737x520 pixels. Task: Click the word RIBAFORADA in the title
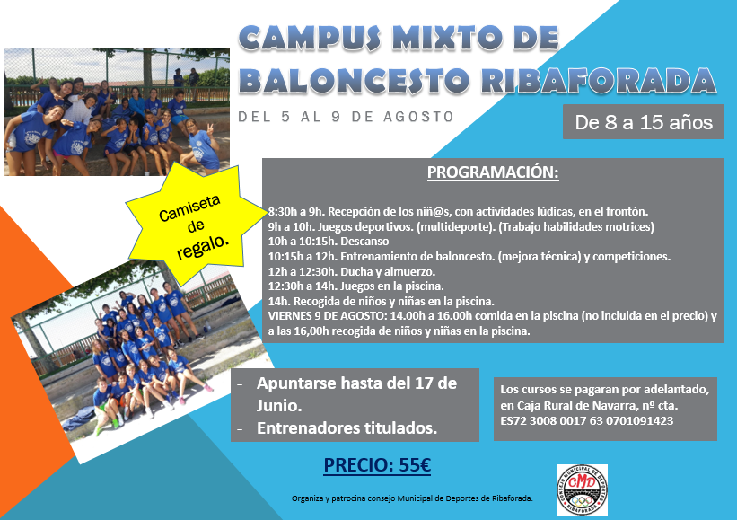(599, 80)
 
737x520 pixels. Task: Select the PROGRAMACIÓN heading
(493, 172)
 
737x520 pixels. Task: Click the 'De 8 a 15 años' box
(644, 122)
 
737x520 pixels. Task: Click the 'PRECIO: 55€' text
(377, 465)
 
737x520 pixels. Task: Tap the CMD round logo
(582, 489)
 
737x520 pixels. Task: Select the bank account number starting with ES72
(586, 421)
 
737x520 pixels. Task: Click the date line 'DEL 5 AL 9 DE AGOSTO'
(346, 117)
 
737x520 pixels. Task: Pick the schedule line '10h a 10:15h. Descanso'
(329, 242)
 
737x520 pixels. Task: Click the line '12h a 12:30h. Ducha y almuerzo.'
(352, 272)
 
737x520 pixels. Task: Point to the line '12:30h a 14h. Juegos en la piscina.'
(355, 286)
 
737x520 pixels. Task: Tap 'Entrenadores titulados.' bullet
(347, 428)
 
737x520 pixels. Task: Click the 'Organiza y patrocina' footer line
(412, 498)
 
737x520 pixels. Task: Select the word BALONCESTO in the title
(356, 80)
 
